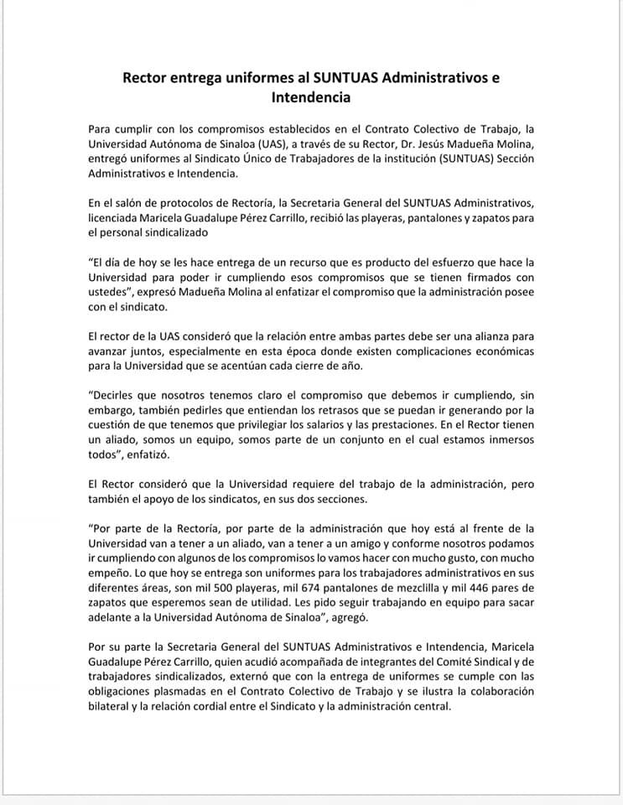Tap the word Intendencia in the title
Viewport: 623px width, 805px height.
click(x=310, y=97)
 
